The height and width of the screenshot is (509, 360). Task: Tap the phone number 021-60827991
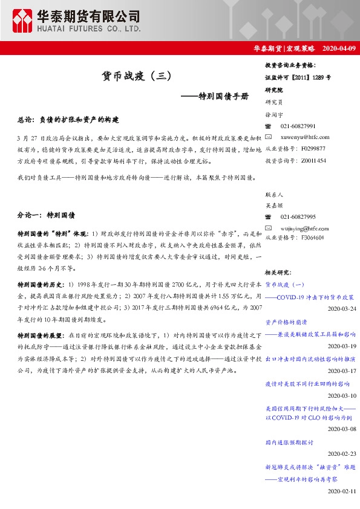click(298, 126)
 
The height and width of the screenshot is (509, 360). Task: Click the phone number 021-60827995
click(298, 216)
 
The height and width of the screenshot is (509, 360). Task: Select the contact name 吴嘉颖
click(274, 206)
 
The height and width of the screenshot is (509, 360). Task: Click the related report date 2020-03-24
click(342, 308)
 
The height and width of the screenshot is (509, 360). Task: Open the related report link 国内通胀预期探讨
click(290, 443)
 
